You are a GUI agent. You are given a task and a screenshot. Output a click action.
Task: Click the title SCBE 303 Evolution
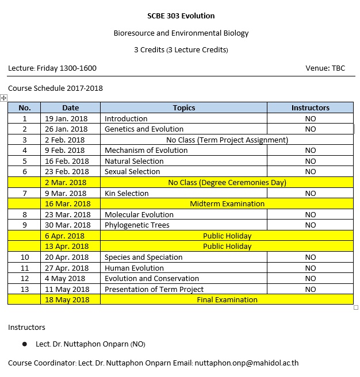click(x=181, y=16)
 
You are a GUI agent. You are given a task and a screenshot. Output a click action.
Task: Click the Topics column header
click(x=183, y=107)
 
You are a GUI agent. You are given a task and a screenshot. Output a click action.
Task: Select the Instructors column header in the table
click(x=310, y=107)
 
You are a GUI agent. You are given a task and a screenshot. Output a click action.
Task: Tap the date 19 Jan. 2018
click(x=66, y=118)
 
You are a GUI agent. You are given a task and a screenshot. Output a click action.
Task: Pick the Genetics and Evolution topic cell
click(x=144, y=129)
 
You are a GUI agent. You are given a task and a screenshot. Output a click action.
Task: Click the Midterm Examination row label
click(x=227, y=203)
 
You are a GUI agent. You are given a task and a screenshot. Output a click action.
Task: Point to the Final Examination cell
click(x=227, y=299)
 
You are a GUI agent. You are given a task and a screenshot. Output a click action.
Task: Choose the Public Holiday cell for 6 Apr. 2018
click(x=227, y=236)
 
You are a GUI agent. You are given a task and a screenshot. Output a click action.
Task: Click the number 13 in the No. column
click(x=24, y=289)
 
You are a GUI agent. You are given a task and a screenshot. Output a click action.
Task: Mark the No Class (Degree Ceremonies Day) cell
click(x=227, y=182)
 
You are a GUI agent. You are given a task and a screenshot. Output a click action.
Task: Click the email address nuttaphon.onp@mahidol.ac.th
click(x=247, y=363)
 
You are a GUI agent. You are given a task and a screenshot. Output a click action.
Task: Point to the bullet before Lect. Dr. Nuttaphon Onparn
click(x=24, y=344)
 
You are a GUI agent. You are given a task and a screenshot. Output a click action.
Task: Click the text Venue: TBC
click(x=325, y=68)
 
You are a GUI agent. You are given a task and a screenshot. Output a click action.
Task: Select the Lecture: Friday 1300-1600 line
click(x=52, y=68)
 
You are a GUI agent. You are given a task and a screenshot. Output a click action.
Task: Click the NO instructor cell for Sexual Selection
click(x=310, y=172)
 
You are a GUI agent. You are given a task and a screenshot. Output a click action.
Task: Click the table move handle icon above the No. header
click(x=4, y=99)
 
